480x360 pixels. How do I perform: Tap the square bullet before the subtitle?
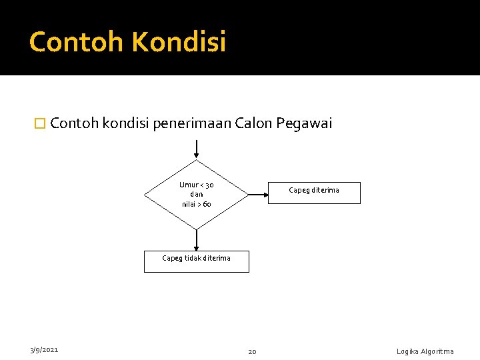(x=40, y=124)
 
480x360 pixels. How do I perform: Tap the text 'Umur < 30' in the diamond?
(x=197, y=185)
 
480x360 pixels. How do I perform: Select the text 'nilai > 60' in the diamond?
(x=197, y=204)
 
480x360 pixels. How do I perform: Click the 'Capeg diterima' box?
(x=313, y=192)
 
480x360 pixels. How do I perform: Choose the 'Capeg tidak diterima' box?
(x=197, y=261)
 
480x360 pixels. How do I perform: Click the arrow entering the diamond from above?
(x=197, y=149)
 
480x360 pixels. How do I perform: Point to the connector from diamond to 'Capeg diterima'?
(x=257, y=195)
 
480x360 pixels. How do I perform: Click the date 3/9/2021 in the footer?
(x=43, y=349)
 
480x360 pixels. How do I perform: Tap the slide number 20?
(x=253, y=351)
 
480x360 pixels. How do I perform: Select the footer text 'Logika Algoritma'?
(x=425, y=351)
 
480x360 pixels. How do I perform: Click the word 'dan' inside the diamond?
(x=197, y=195)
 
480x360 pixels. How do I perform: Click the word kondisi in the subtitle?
(x=126, y=123)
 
